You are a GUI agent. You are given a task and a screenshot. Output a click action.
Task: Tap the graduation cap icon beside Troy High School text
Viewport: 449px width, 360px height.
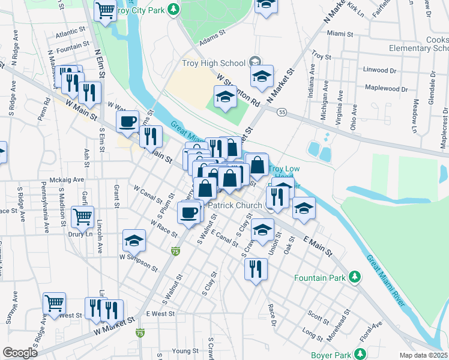tap(255, 62)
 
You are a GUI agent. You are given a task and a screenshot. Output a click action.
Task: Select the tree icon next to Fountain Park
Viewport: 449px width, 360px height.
tap(355, 277)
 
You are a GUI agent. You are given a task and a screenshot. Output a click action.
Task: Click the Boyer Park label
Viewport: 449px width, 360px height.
tap(333, 355)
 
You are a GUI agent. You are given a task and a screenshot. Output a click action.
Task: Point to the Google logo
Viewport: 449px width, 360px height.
tap(20, 353)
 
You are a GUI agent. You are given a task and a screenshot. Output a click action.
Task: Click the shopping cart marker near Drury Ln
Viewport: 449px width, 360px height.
tap(82, 216)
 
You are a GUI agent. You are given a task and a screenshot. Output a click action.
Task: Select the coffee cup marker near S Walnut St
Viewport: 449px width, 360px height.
tap(190, 212)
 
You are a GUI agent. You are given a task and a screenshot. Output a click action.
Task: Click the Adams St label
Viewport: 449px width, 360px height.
tap(212, 43)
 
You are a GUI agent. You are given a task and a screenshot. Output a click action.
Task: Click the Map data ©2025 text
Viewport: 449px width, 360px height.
tap(423, 355)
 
